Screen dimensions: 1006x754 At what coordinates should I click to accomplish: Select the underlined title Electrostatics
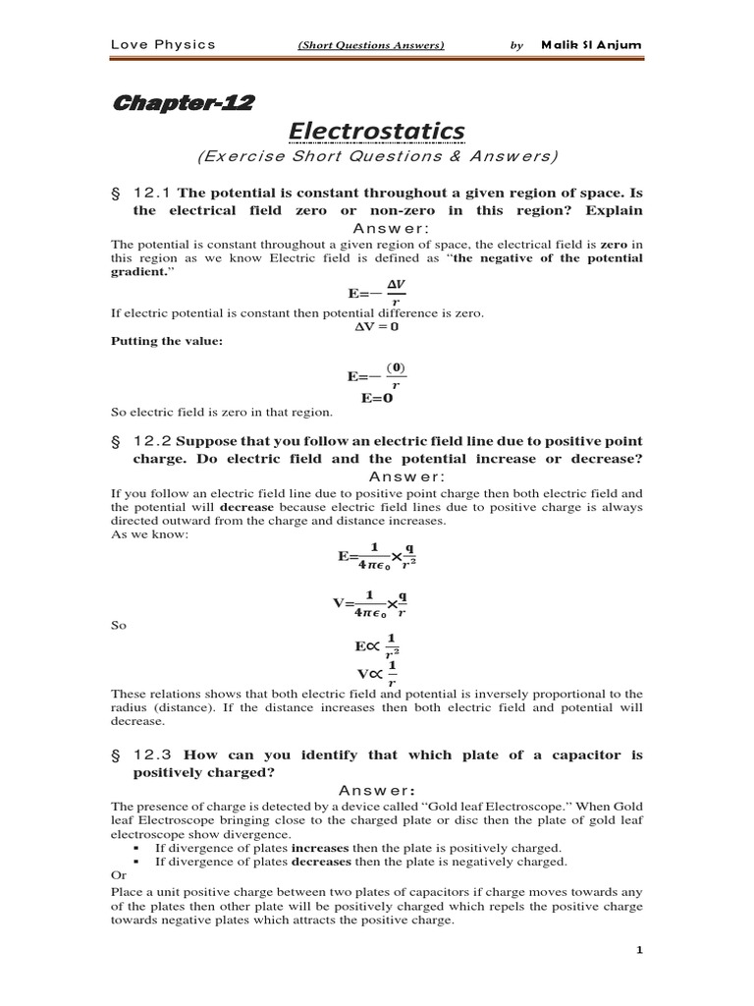376,131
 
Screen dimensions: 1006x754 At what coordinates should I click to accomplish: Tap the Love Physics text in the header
162,44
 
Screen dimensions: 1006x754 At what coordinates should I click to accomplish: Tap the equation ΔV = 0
376,326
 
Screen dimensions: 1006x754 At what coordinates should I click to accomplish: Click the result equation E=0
376,398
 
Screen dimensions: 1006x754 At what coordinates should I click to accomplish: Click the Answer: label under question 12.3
376,790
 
